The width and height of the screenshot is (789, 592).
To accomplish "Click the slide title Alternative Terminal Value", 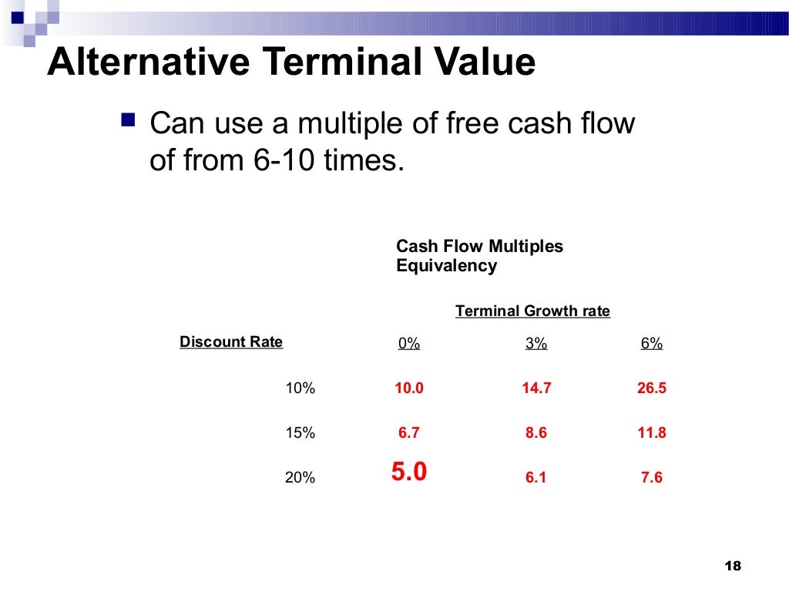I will tap(290, 62).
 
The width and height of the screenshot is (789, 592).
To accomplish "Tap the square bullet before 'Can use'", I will tap(128, 120).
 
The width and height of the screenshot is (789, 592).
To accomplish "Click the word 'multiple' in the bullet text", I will tap(372, 124).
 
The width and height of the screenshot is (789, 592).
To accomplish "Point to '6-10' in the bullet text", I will tap(280, 161).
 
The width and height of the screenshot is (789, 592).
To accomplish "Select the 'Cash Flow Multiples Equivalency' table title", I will tap(479, 256).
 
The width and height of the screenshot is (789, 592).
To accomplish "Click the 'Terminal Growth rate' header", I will tap(532, 311).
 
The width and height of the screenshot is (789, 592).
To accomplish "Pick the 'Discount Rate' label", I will tap(231, 341).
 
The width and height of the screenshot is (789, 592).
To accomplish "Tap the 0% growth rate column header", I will tap(409, 344).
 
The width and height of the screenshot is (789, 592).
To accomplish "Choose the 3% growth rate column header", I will tap(536, 344).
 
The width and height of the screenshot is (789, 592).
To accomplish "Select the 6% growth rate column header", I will tap(651, 344).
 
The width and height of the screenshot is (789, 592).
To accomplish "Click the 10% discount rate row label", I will tap(300, 388).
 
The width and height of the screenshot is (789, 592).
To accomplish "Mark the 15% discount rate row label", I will tap(300, 433).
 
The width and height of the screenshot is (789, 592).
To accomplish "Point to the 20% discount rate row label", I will tap(300, 478).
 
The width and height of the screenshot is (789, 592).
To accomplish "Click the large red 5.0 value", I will tap(409, 472).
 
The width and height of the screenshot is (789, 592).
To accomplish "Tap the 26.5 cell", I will tap(651, 388).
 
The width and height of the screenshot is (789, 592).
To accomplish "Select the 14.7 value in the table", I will tap(536, 388).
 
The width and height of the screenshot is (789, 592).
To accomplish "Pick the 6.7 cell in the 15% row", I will tap(409, 433).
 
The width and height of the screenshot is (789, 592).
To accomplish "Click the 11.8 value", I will tap(651, 433).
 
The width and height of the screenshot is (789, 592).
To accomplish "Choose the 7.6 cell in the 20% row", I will tap(651, 478).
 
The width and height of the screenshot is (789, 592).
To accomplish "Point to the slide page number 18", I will tap(733, 567).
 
